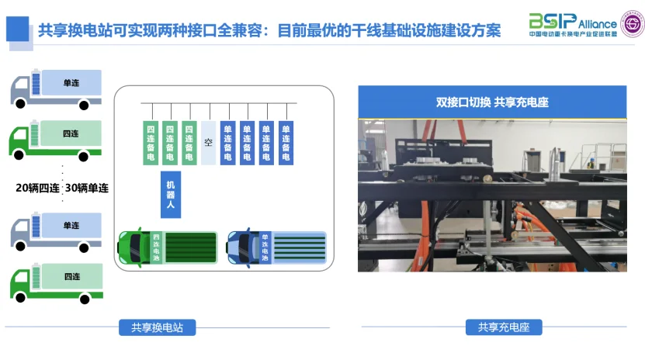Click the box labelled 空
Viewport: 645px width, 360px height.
tap(208, 143)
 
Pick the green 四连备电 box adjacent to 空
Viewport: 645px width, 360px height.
tap(189, 143)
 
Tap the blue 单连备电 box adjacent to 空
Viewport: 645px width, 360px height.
tap(227, 143)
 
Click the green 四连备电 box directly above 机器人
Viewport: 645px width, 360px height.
tap(170, 143)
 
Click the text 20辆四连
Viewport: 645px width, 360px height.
tap(36, 187)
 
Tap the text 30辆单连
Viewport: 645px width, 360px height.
tap(88, 187)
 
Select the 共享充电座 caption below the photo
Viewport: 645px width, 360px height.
tap(504, 327)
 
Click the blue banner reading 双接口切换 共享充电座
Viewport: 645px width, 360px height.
tap(491, 102)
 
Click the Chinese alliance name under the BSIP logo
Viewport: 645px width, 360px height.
tap(573, 35)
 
